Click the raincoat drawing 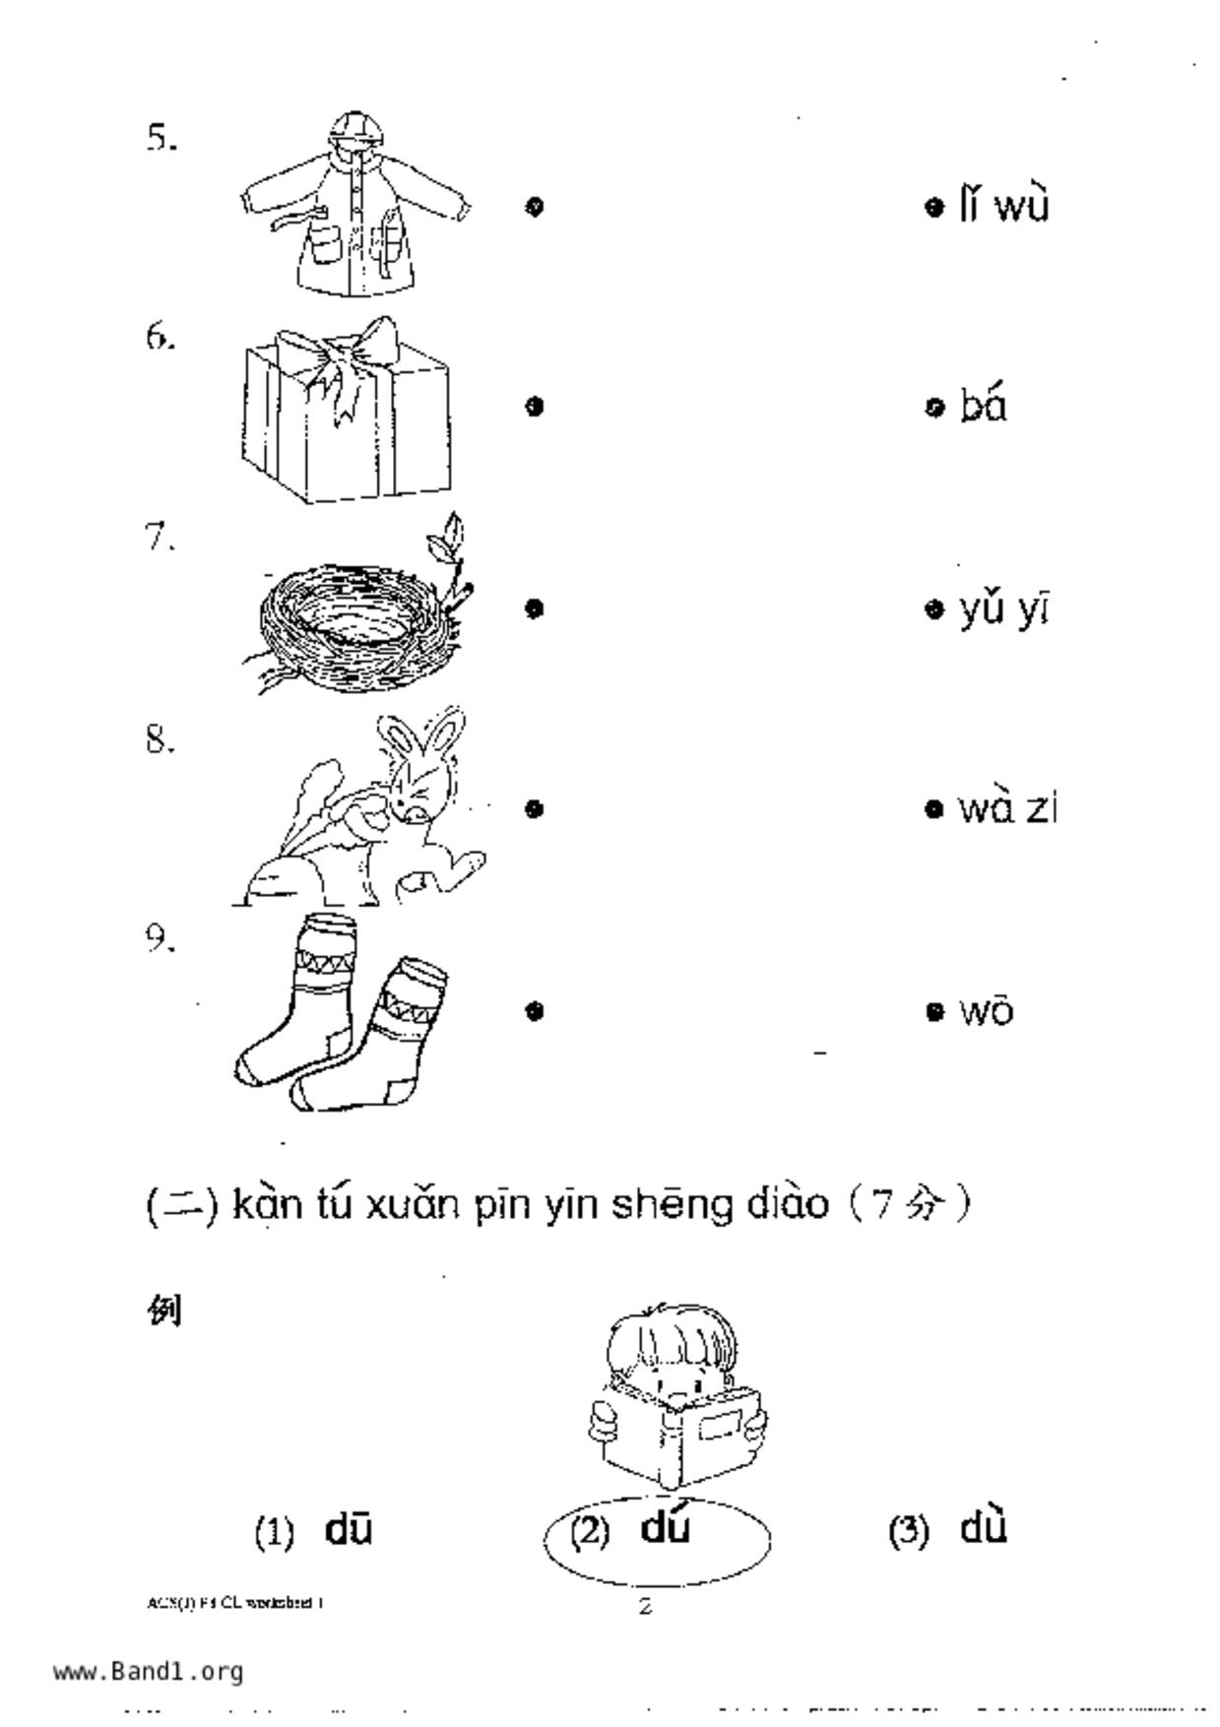coord(353,207)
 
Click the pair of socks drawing coord(340,1014)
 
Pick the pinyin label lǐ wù coord(1004,207)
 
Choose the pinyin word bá coord(984,406)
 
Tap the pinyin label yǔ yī coord(1004,609)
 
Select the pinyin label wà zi coord(1007,809)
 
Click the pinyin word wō coord(987,1011)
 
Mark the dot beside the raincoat coord(534,207)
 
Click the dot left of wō coord(934,1011)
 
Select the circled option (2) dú coord(657,1532)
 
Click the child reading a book coord(674,1398)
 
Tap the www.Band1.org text coord(148,1671)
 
